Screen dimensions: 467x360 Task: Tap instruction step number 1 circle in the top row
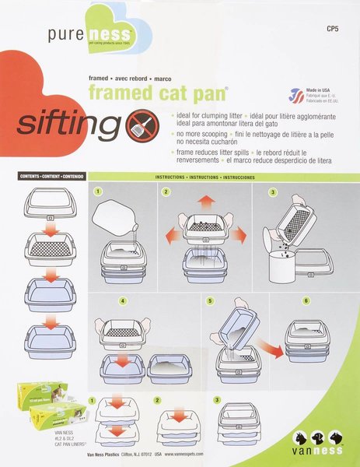click(98, 191)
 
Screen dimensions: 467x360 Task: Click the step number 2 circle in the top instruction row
click(166, 191)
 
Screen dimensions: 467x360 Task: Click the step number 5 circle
click(210, 300)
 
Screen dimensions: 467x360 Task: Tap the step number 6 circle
click(284, 300)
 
